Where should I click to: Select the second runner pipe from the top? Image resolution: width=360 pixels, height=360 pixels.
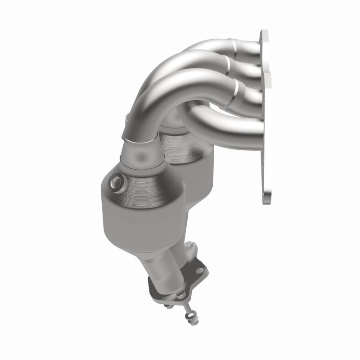[246, 67]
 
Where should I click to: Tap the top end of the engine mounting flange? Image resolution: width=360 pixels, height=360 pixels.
[264, 36]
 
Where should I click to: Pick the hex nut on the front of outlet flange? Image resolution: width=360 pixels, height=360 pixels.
[180, 295]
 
